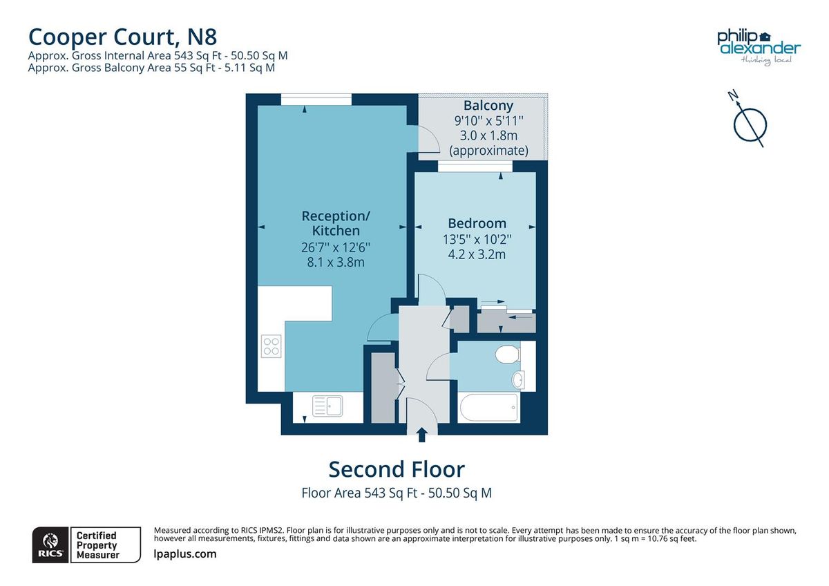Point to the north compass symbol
(749, 122)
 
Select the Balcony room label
(488, 106)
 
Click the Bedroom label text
(477, 223)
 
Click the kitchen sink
(327, 406)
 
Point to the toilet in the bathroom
(507, 355)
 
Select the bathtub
(488, 408)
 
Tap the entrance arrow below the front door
(421, 435)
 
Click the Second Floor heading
(397, 469)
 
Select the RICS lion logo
(50, 545)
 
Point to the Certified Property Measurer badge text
(97, 545)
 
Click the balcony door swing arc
(430, 142)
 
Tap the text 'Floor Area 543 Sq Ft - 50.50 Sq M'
(397, 493)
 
